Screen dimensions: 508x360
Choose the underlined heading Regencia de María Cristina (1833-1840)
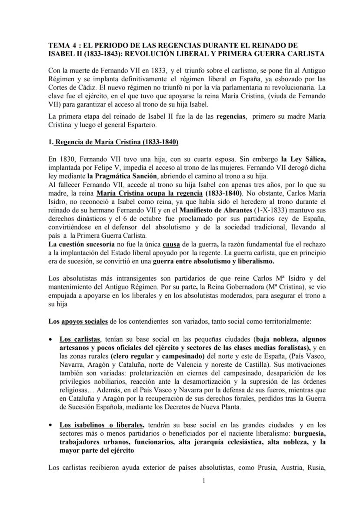(x=113, y=142)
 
